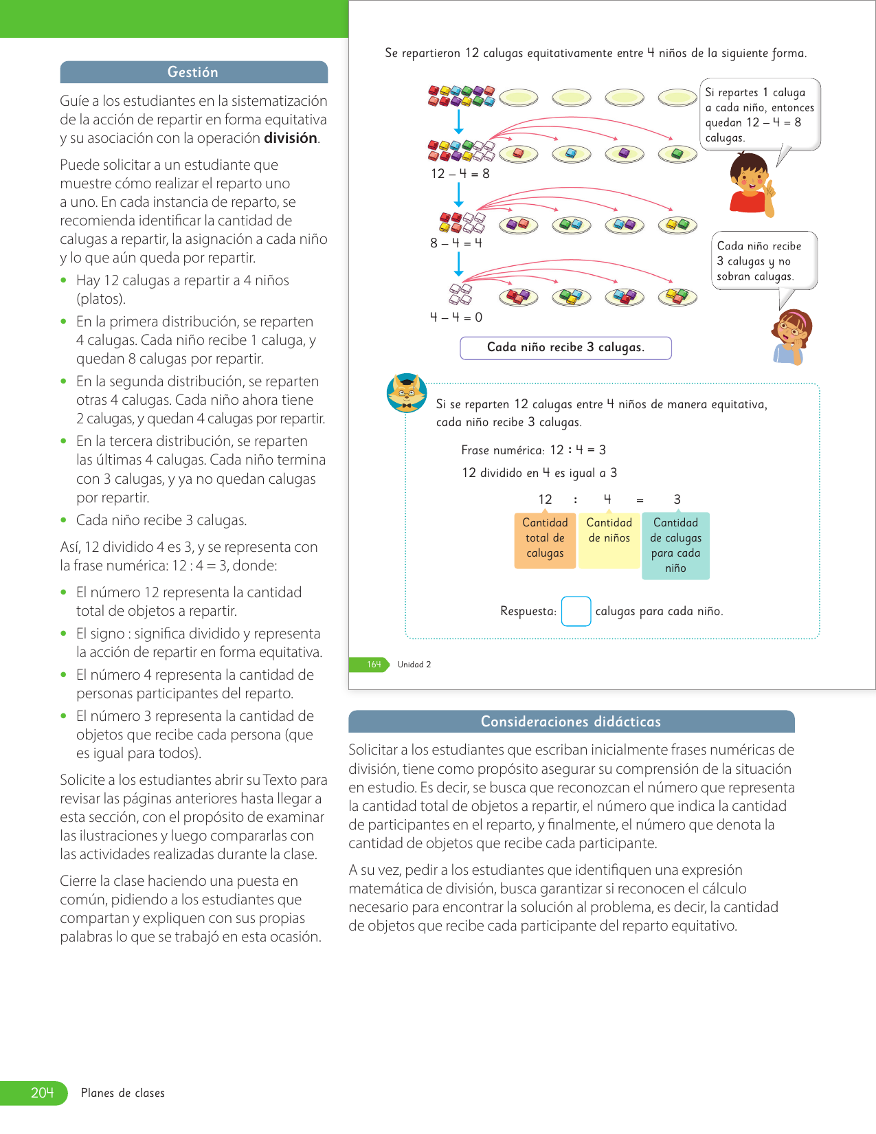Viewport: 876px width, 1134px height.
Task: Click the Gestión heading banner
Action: (x=193, y=72)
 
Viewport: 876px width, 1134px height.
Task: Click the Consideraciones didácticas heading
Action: (x=571, y=722)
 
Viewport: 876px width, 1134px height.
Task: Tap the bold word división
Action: (x=291, y=138)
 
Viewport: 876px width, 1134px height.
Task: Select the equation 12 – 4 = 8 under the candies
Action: (x=460, y=174)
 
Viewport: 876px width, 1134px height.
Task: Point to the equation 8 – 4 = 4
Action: (x=456, y=243)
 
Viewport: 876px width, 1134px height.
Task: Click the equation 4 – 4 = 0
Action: (x=456, y=318)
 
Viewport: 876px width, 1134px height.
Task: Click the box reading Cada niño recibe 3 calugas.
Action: (x=565, y=348)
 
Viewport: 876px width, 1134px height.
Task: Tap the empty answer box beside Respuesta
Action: (x=576, y=612)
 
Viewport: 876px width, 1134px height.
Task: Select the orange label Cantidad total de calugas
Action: (x=545, y=540)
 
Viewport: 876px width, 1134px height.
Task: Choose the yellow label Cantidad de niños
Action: (x=609, y=540)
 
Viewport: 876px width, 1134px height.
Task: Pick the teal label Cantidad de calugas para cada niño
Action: (x=675, y=546)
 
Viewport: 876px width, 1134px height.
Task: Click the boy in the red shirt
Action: (x=751, y=184)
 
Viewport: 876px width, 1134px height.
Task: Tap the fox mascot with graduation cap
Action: (x=406, y=394)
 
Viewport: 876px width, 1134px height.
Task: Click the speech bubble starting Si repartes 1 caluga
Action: (x=759, y=115)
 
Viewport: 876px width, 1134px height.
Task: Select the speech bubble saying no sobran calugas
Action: (x=763, y=261)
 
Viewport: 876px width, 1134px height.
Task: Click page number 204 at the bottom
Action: (x=42, y=1093)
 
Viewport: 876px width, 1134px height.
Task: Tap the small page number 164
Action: (x=373, y=665)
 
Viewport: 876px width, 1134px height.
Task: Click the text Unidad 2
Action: (x=414, y=665)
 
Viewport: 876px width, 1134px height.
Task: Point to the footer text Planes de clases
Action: (x=123, y=1093)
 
